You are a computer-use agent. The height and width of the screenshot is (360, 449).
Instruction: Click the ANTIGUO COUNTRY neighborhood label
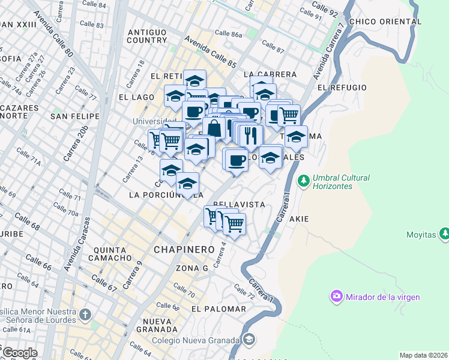click(x=146, y=35)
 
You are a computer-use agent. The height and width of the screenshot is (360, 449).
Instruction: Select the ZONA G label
click(x=192, y=268)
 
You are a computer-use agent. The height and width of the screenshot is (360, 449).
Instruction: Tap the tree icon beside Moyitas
click(x=444, y=234)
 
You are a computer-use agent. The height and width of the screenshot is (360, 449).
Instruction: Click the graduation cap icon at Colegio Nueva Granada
click(x=249, y=340)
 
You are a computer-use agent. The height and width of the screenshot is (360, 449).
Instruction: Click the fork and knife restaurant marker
click(x=250, y=136)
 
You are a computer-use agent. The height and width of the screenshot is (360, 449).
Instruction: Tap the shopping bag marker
click(x=214, y=128)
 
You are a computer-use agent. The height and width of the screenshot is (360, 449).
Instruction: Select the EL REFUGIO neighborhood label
click(x=342, y=88)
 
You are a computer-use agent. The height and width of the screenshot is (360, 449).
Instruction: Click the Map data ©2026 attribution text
click(x=423, y=355)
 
